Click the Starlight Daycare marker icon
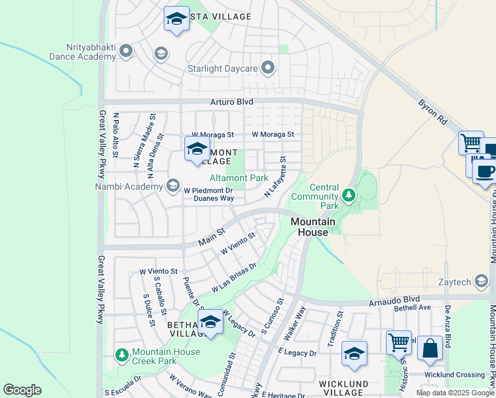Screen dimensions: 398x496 268,67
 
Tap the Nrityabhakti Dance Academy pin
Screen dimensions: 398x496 124,52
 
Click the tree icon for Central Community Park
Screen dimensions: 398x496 349,195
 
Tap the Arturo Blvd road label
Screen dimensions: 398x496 231,102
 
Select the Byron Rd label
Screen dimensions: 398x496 432,113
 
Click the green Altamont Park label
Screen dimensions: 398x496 239,178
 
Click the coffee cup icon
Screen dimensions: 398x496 485,171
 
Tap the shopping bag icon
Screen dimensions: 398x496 430,348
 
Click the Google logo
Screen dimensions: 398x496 22,390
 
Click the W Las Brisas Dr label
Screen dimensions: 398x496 234,279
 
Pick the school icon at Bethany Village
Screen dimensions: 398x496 210,322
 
